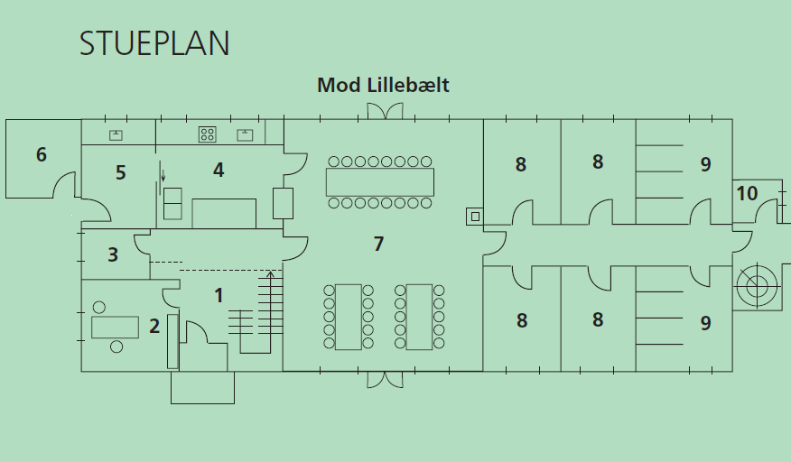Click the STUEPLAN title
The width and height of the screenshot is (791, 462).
(154, 44)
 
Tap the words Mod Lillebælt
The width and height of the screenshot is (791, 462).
(383, 86)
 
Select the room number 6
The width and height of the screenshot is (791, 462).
(42, 154)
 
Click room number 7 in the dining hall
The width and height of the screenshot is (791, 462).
(379, 243)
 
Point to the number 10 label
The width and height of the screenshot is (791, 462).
(747, 193)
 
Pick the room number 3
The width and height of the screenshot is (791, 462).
(113, 254)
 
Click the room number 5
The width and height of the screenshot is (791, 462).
(120, 172)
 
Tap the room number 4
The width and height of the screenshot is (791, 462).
(218, 170)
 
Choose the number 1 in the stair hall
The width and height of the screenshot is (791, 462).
(218, 294)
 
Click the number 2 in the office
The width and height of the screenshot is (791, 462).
(154, 326)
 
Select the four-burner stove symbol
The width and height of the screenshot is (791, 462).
(208, 134)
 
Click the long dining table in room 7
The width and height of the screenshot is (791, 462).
(380, 181)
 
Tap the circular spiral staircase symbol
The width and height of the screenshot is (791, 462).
(756, 287)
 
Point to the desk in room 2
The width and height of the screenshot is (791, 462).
(115, 326)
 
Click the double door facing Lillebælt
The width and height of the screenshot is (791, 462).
(384, 111)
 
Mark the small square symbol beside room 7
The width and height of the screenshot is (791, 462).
(474, 217)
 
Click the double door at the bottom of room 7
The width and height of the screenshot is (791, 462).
(384, 379)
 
